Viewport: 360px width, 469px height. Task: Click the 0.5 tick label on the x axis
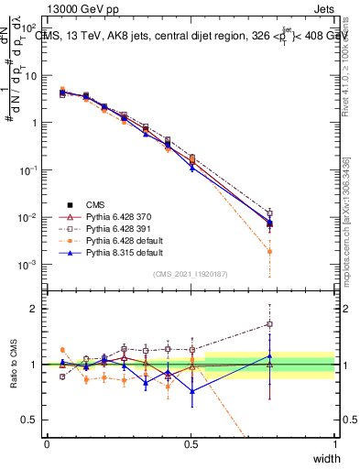point(191,444)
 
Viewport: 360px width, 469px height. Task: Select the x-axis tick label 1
point(335,444)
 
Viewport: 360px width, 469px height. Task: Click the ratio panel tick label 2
point(33,309)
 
